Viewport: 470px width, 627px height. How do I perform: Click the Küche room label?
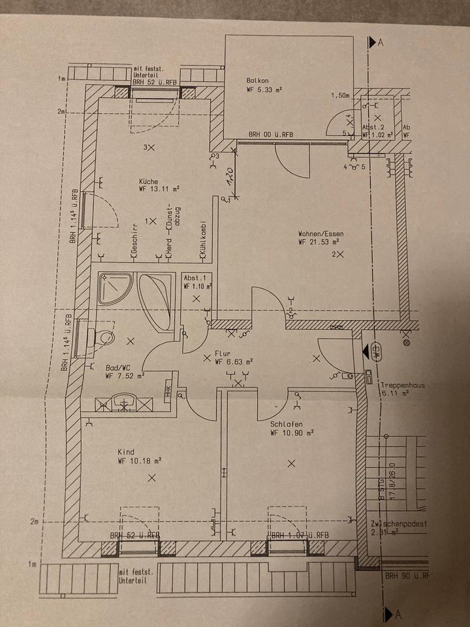[149, 182]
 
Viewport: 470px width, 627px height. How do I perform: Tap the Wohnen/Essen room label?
[321, 233]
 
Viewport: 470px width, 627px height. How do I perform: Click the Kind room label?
[125, 452]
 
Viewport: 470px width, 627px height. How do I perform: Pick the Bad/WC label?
[117, 367]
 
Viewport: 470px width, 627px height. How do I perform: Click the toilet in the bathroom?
[103, 338]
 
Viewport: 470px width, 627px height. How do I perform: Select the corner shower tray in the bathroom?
[115, 287]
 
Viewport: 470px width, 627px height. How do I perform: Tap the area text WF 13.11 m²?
[159, 189]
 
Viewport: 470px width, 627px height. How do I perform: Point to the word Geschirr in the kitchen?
[133, 240]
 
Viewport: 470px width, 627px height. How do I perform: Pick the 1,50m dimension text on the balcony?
[341, 95]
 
